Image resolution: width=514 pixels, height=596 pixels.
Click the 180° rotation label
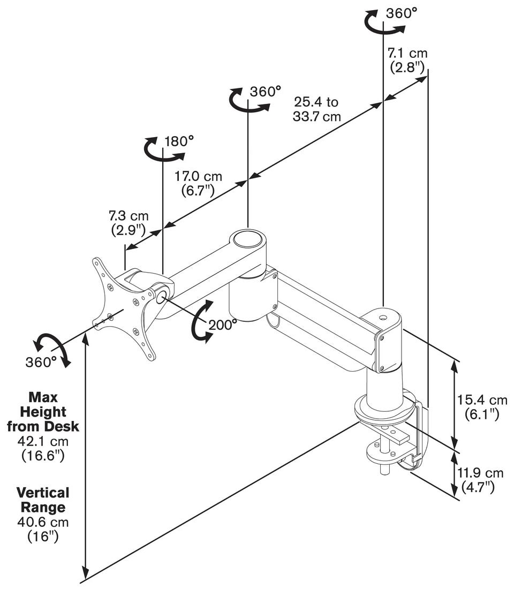point(179,141)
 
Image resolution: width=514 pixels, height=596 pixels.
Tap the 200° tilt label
point(223,324)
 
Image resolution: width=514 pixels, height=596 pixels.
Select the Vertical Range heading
point(43,500)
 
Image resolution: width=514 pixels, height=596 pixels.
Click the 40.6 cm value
point(43,522)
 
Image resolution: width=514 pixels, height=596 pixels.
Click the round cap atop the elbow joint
point(248,239)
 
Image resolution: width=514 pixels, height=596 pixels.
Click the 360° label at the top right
point(402,13)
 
